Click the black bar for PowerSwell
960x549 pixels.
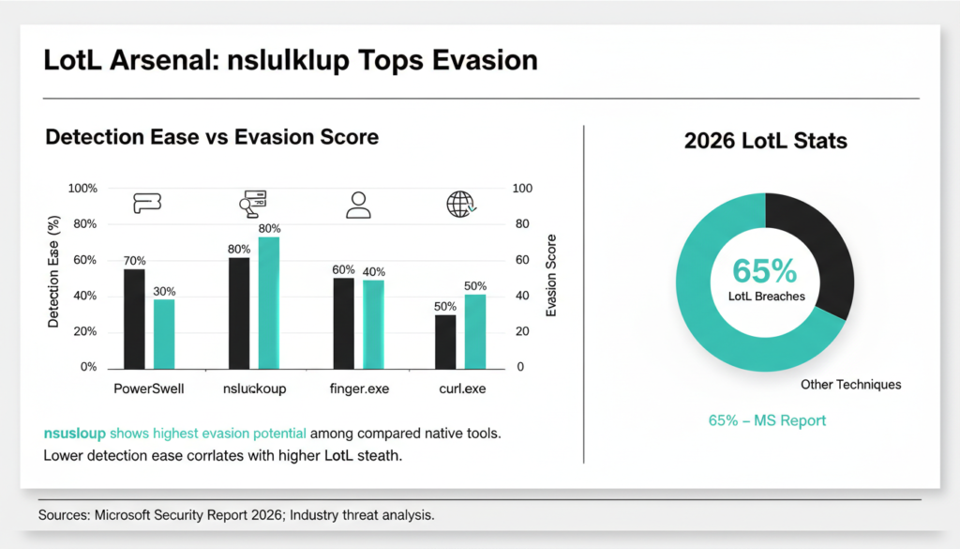(x=135, y=318)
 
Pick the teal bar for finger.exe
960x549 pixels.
(x=374, y=323)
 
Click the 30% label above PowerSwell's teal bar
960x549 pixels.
(x=164, y=291)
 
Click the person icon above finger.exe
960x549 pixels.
(x=358, y=205)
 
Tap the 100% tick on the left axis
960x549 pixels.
(x=82, y=189)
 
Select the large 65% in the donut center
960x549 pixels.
(x=764, y=271)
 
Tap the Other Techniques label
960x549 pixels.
(x=850, y=385)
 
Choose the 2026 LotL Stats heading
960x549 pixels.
(x=765, y=142)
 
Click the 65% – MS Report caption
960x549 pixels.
(x=767, y=420)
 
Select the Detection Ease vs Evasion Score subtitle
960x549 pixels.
(x=212, y=137)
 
